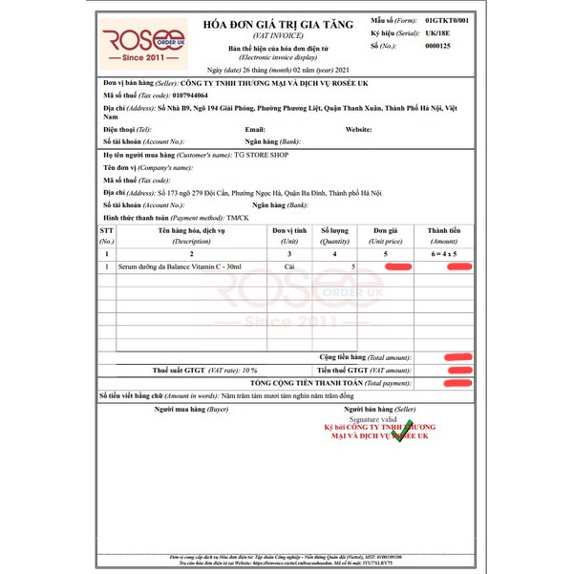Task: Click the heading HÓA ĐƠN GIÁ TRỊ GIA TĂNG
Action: pyautogui.click(x=290, y=24)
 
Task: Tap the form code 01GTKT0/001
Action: pyautogui.click(x=448, y=18)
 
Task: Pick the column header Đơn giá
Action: pyautogui.click(x=386, y=230)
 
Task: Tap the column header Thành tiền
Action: pyautogui.click(x=443, y=230)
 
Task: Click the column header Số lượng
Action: pyautogui.click(x=334, y=230)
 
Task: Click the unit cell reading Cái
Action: pyautogui.click(x=289, y=268)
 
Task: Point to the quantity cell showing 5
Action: pyautogui.click(x=353, y=268)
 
